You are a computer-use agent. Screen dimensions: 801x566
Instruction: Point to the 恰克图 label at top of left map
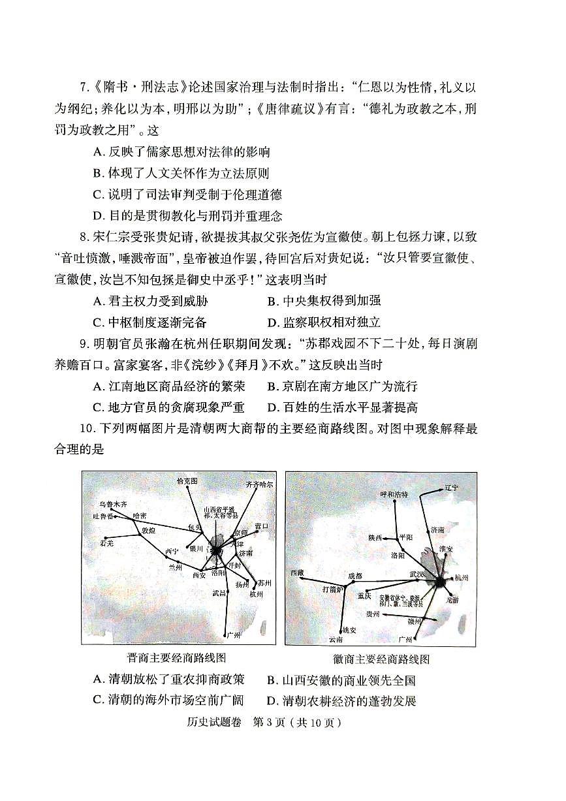pos(187,481)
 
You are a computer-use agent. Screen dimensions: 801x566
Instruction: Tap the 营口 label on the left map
pos(261,525)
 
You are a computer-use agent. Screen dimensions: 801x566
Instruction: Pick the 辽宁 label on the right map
pos(451,487)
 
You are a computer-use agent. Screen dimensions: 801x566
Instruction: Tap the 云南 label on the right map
pos(336,639)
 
